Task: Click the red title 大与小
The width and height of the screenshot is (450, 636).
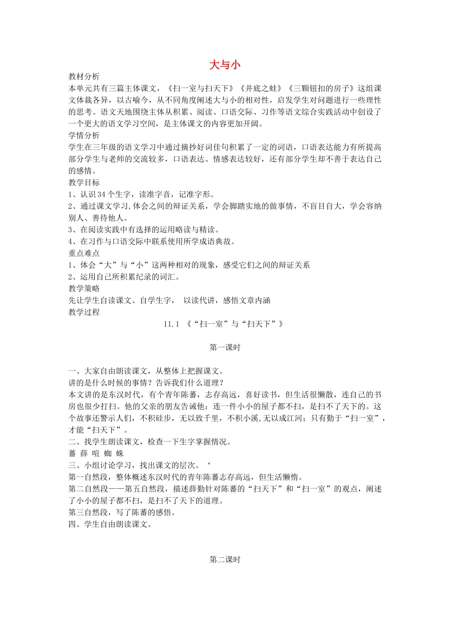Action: pyautogui.click(x=225, y=65)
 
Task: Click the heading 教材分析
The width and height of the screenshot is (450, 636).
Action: pyautogui.click(x=84, y=77)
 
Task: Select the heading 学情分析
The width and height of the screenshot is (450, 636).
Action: pyautogui.click(x=84, y=136)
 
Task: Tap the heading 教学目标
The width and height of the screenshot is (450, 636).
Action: pyautogui.click(x=84, y=183)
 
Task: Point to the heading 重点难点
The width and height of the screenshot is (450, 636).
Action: pyautogui.click(x=84, y=253)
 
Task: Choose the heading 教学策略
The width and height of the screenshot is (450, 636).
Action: pyautogui.click(x=84, y=289)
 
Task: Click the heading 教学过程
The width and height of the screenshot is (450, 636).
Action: pyautogui.click(x=84, y=312)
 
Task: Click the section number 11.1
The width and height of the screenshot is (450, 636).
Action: pyautogui.click(x=171, y=324)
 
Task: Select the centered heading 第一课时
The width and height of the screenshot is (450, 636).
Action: pyautogui.click(x=225, y=347)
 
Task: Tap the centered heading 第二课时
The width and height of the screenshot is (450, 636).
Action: pyautogui.click(x=225, y=560)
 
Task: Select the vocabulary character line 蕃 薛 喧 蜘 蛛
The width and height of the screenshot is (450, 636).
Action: pyautogui.click(x=96, y=453)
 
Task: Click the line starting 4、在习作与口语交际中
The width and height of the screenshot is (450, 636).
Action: pyautogui.click(x=152, y=241)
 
